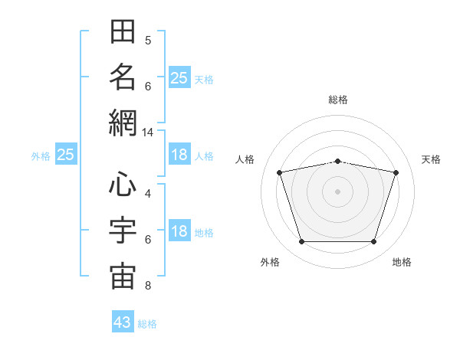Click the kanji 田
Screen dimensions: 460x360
pyautogui.click(x=123, y=31)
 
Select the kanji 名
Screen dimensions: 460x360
pyautogui.click(x=123, y=77)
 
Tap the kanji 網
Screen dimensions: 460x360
pyautogui.click(x=123, y=123)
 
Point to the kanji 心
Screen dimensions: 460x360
pyautogui.click(x=123, y=184)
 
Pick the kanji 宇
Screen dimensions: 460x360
pyautogui.click(x=123, y=230)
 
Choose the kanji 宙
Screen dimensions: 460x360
pyautogui.click(x=123, y=277)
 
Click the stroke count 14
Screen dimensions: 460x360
pyautogui.click(x=147, y=133)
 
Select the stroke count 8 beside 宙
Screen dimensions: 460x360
pyautogui.click(x=148, y=286)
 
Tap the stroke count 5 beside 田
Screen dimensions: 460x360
pyautogui.click(x=148, y=41)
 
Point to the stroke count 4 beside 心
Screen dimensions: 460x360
pyautogui.click(x=148, y=194)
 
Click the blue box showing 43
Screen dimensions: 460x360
pyautogui.click(x=123, y=321)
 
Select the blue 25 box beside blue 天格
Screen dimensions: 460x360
pyautogui.click(x=179, y=77)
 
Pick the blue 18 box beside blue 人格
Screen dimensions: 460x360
pyautogui.click(x=179, y=154)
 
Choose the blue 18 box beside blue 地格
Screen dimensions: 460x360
pyautogui.click(x=179, y=230)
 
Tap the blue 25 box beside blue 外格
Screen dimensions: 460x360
pyautogui.click(x=66, y=154)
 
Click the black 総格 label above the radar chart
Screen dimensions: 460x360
pyautogui.click(x=338, y=100)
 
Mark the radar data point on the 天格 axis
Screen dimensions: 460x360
pyautogui.click(x=396, y=172)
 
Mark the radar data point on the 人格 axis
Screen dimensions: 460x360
pyautogui.click(x=280, y=172)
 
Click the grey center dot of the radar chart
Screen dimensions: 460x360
pyautogui.click(x=337, y=191)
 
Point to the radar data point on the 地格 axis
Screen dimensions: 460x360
pyautogui.click(x=374, y=241)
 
